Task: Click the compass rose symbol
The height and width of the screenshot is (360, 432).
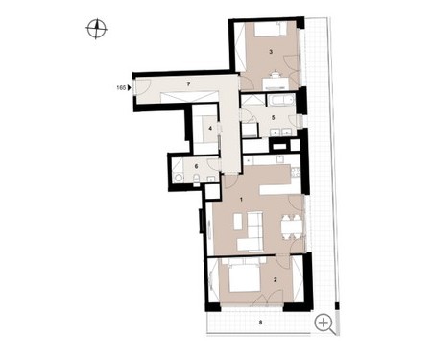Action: click(96, 29)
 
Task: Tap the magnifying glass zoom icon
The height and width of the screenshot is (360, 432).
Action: click(325, 324)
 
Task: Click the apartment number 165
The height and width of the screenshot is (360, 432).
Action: click(121, 88)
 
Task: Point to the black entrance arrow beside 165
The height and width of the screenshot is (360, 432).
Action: click(130, 88)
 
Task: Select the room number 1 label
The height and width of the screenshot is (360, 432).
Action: click(242, 200)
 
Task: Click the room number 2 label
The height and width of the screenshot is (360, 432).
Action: click(275, 280)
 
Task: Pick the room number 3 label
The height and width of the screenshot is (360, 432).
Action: click(271, 52)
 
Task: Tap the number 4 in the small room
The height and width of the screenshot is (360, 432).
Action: click(210, 129)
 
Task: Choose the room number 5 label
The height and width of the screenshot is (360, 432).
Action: click(273, 118)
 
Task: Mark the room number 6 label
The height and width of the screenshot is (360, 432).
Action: click(196, 167)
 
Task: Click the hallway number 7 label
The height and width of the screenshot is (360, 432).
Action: click(188, 84)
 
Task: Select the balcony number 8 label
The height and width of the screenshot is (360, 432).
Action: click(260, 323)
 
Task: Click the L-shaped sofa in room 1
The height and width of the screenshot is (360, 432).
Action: click(252, 231)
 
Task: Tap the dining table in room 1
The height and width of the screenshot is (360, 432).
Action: click(291, 227)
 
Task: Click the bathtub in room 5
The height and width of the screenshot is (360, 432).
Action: click(280, 100)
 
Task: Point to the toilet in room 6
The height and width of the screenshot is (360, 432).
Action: click(197, 179)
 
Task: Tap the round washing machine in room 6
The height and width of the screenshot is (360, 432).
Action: click(179, 178)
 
